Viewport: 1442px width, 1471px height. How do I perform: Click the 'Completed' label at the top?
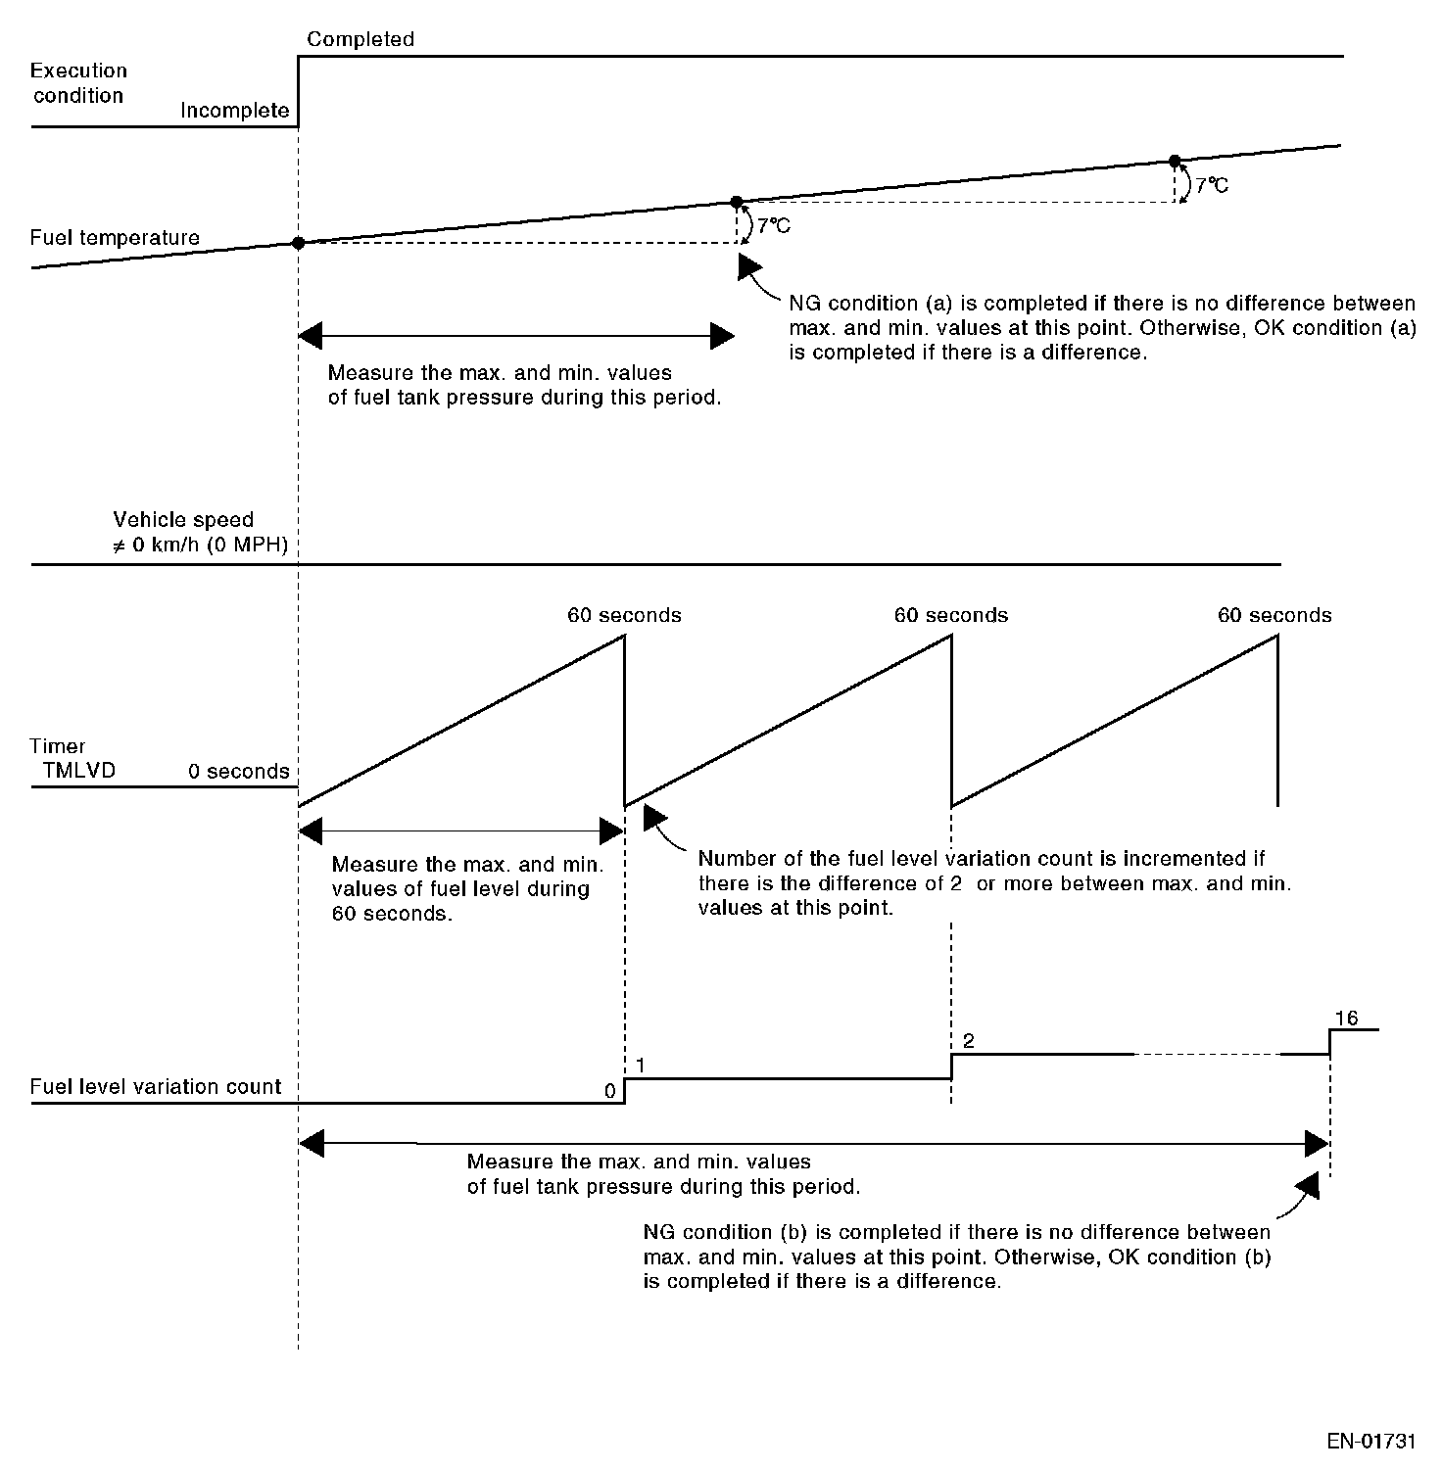point(360,39)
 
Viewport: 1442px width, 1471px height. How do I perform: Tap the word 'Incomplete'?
point(234,111)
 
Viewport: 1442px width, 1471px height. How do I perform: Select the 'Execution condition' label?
point(78,83)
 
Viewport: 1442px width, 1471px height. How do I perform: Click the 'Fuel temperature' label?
point(115,238)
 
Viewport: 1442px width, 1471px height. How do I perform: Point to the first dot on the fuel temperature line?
point(298,243)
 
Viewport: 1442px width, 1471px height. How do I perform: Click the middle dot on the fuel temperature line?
point(737,202)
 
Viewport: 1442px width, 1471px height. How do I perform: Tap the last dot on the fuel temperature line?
point(1175,161)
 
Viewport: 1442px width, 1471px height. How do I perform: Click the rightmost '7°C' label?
point(1211,185)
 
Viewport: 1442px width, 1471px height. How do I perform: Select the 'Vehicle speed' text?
point(183,520)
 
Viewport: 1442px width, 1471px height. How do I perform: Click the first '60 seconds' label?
point(624,616)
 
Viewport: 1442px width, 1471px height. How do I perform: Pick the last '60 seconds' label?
point(1274,616)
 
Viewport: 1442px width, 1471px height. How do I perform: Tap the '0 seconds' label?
point(239,772)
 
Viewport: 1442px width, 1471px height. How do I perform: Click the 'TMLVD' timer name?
point(79,771)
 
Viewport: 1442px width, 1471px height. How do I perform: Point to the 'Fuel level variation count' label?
point(156,1087)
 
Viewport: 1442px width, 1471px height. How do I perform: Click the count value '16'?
point(1347,1019)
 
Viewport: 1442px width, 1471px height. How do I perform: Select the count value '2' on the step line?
point(968,1041)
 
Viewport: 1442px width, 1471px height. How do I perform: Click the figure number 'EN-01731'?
point(1371,1442)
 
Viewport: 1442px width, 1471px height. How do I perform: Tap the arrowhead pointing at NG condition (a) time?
point(748,266)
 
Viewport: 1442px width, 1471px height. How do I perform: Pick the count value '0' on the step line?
point(609,1091)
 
